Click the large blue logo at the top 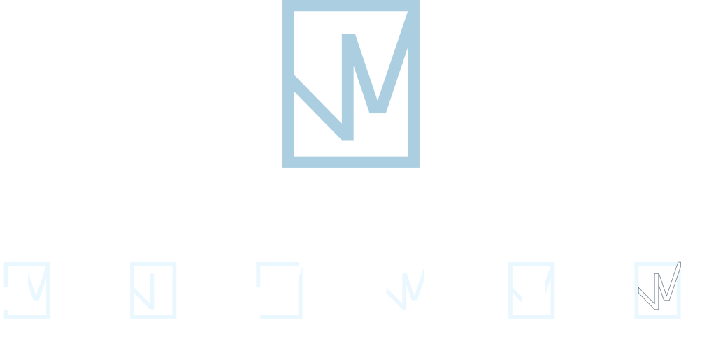click(x=351, y=84)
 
